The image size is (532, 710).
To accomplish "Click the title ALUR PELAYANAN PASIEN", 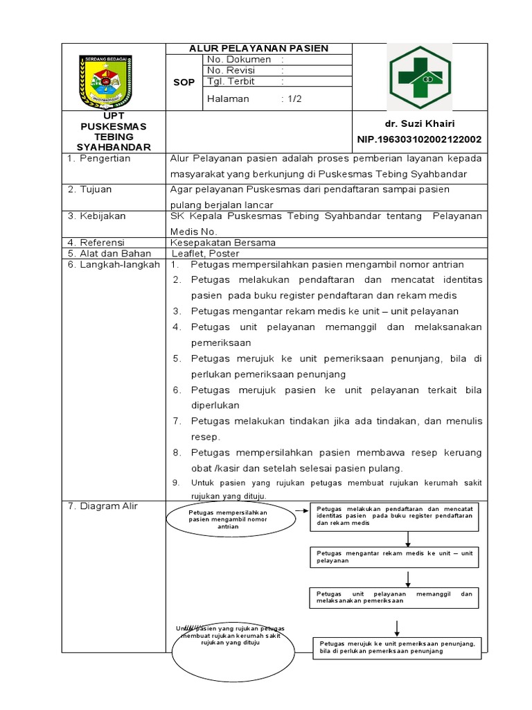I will click(260, 48).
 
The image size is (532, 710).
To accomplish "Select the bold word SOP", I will click(184, 82).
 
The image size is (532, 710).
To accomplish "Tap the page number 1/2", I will click(292, 98).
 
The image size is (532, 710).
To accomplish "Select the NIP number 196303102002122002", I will click(419, 139).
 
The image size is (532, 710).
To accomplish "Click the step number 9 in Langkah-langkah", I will click(176, 483).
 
